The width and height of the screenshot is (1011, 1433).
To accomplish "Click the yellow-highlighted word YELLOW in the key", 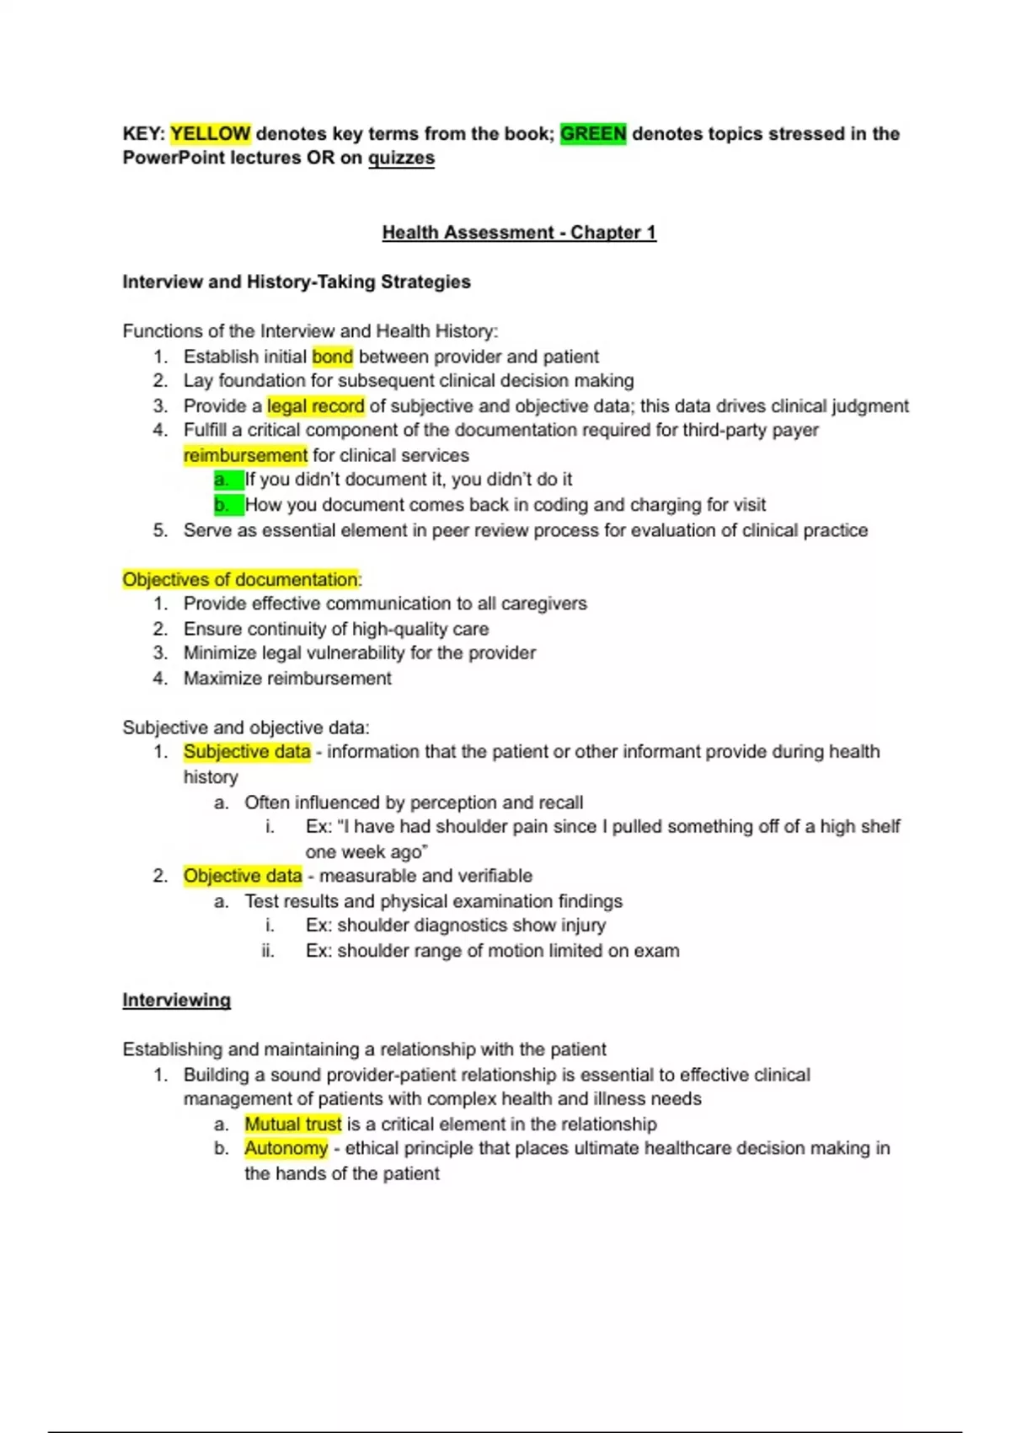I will (210, 133).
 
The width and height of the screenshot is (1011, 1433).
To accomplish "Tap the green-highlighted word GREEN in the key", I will (593, 133).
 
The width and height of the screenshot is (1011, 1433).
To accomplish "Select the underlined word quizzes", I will (401, 158).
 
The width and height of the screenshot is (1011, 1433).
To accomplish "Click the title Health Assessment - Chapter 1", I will (519, 232).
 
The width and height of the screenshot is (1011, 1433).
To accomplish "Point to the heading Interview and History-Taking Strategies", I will (297, 282).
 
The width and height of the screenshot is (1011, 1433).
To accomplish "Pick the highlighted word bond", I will (332, 357).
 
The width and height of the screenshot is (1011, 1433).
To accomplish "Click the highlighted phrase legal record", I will (315, 406).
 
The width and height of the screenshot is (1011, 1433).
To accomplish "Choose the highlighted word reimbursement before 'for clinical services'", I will (245, 455).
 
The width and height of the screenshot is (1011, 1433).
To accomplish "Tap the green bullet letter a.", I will (222, 480).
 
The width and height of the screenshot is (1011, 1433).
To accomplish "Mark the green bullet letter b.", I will (222, 505).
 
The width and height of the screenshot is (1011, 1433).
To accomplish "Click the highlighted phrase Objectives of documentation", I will (240, 579).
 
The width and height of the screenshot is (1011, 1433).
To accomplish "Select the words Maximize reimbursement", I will (287, 679).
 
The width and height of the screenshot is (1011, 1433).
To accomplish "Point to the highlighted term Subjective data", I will (247, 752).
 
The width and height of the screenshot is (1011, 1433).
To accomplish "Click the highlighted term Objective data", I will (243, 876).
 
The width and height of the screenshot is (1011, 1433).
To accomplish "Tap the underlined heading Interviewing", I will (176, 1000).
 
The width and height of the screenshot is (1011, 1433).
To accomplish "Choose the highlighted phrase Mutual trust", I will (292, 1124).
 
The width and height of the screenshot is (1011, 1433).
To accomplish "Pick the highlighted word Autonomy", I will (286, 1148).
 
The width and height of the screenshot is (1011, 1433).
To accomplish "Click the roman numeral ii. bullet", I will (268, 951).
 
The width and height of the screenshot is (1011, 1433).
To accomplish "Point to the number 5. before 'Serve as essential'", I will (160, 530).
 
